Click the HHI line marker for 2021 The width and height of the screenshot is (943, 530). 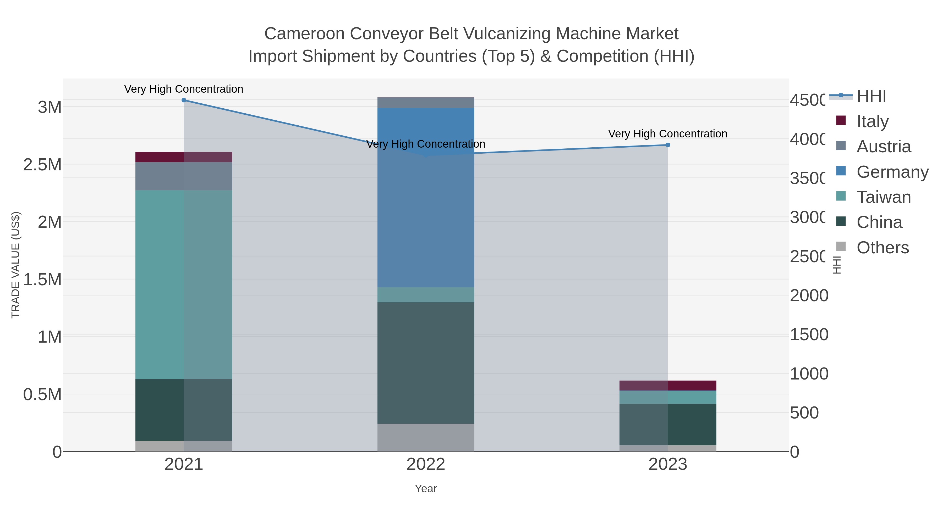click(184, 100)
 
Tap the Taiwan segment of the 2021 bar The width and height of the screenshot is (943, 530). click(184, 284)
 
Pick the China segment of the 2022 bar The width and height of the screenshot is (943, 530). click(426, 363)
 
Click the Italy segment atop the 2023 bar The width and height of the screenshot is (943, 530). click(668, 386)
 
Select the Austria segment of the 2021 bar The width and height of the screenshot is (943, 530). click(184, 176)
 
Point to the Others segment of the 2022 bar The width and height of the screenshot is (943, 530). click(426, 437)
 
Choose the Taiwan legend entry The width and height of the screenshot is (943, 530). click(883, 197)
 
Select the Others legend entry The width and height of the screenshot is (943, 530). click(882, 248)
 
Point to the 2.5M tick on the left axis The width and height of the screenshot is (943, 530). click(42, 165)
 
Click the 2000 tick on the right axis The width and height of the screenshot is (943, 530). click(809, 295)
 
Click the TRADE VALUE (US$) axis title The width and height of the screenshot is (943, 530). click(15, 265)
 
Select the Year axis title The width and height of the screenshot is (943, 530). click(426, 489)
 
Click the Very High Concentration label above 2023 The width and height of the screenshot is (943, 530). click(668, 134)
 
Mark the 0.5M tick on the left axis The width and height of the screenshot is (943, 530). click(42, 395)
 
